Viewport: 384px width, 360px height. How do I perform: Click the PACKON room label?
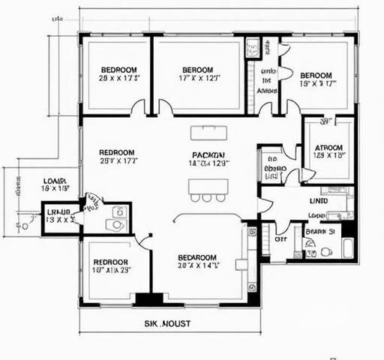(x=205, y=154)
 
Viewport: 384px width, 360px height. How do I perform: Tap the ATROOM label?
(x=328, y=148)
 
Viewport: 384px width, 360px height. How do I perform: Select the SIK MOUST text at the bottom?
(x=167, y=323)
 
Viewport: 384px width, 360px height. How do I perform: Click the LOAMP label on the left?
(x=55, y=181)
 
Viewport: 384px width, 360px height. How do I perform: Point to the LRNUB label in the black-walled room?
(x=58, y=212)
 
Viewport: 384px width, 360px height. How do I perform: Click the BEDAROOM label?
(x=197, y=256)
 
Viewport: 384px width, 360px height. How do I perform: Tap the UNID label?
(x=317, y=200)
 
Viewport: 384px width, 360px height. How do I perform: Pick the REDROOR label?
(x=110, y=262)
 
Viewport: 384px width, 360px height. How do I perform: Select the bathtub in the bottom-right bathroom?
(x=348, y=248)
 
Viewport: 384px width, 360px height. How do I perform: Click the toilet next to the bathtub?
(x=326, y=251)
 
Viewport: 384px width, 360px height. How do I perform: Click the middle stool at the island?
(x=206, y=198)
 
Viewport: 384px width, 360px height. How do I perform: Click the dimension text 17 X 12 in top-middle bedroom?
(x=198, y=77)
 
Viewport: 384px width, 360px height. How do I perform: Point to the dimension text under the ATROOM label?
(x=328, y=156)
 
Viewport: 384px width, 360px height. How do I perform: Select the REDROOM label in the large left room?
(x=117, y=152)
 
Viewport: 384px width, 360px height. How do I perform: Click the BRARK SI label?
(x=320, y=232)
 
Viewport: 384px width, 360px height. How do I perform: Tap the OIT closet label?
(x=280, y=239)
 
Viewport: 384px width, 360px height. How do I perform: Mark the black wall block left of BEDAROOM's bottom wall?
(x=148, y=298)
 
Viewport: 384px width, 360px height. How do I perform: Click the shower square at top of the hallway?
(x=252, y=47)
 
